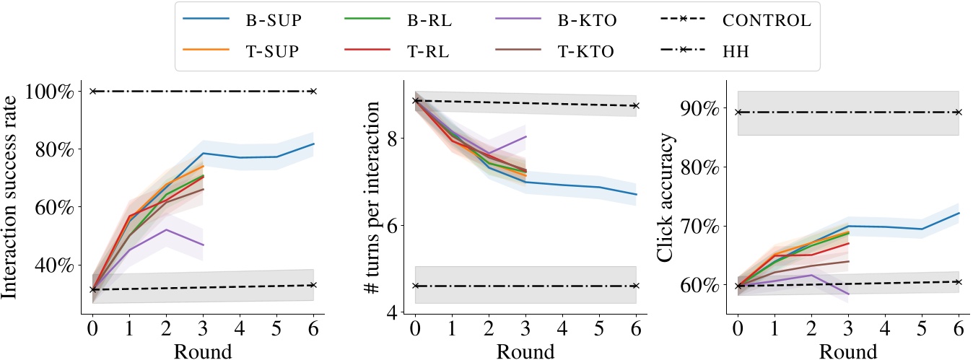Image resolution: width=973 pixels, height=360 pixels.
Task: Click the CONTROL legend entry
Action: tap(765, 21)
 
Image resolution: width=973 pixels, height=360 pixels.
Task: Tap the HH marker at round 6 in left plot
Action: tap(313, 91)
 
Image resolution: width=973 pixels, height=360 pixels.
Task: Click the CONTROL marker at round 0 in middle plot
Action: tap(415, 100)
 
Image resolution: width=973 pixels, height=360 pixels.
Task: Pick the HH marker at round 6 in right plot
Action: tap(958, 112)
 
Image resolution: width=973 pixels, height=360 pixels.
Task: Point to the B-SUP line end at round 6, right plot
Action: tap(958, 213)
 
